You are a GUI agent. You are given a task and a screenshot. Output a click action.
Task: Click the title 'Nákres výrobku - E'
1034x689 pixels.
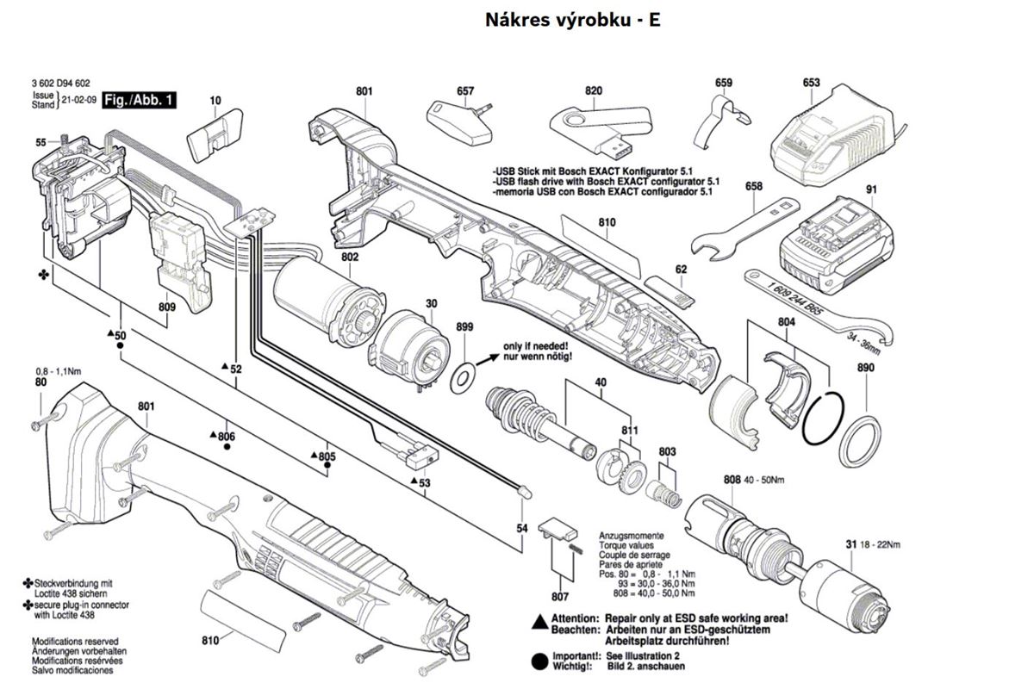[x=574, y=20]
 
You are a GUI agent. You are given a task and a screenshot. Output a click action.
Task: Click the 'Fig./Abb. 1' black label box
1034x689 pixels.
[x=139, y=101]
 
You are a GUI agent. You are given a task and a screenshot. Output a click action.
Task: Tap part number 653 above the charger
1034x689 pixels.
[x=811, y=83]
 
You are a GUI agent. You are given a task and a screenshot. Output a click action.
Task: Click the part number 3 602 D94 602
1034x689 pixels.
[x=62, y=82]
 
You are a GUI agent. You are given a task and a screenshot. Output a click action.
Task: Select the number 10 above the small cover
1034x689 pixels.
[x=215, y=101]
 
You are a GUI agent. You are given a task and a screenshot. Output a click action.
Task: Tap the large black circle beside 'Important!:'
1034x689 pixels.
[x=539, y=661]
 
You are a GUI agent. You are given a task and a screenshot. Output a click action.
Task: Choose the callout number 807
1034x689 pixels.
[x=560, y=596]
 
